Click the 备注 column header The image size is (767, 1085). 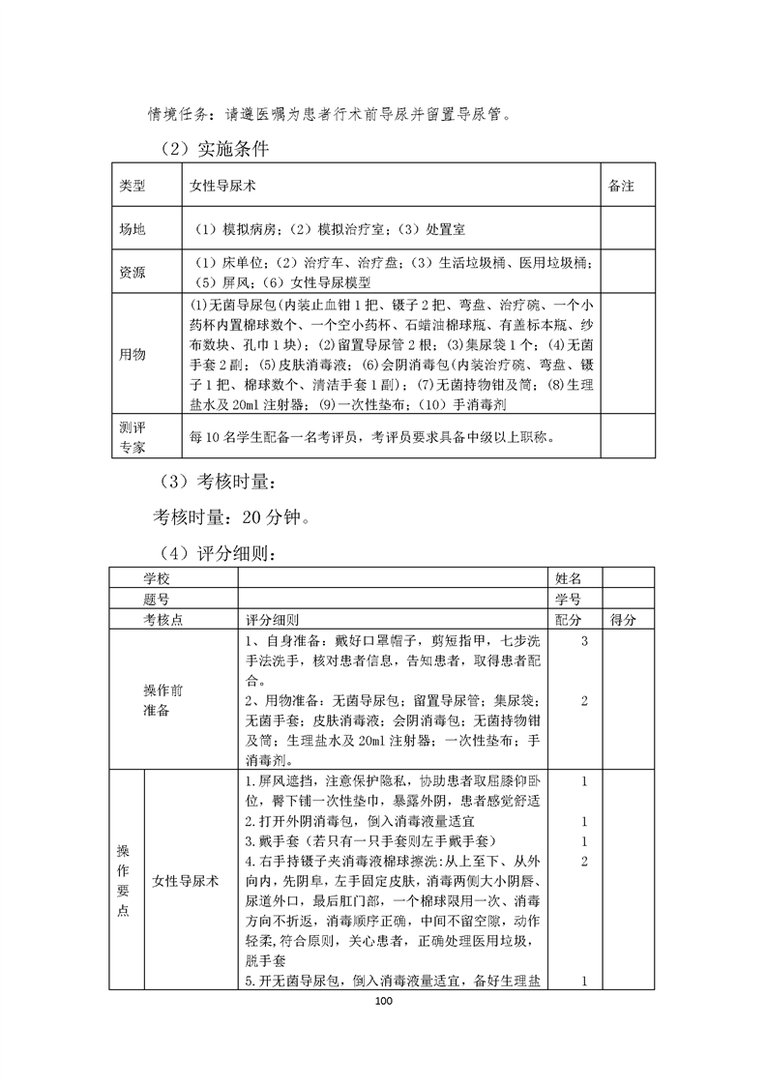[x=621, y=186]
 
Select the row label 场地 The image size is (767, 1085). [x=132, y=230]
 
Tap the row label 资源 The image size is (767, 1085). [x=132, y=272]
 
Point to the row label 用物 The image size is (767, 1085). [x=132, y=355]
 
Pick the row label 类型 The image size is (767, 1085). [x=132, y=186]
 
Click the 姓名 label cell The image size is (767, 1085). [x=568, y=577]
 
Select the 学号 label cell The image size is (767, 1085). [x=568, y=599]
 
